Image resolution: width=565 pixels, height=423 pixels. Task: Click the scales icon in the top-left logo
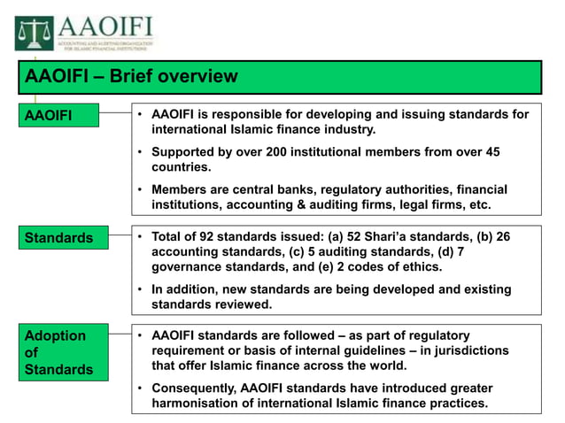[33, 33]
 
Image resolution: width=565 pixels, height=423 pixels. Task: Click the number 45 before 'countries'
[491, 152]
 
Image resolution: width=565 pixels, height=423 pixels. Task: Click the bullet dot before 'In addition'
[141, 289]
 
